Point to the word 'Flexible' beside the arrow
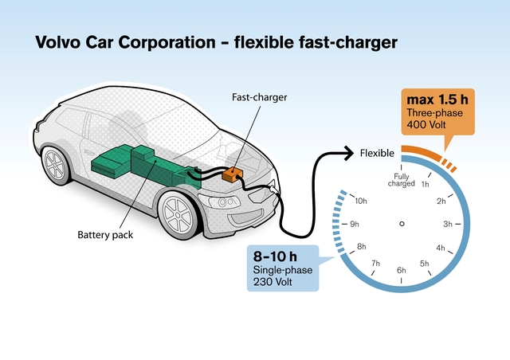point(376,153)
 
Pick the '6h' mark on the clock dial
point(401,271)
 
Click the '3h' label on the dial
point(448,224)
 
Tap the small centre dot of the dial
point(401,223)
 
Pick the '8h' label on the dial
point(361,247)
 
